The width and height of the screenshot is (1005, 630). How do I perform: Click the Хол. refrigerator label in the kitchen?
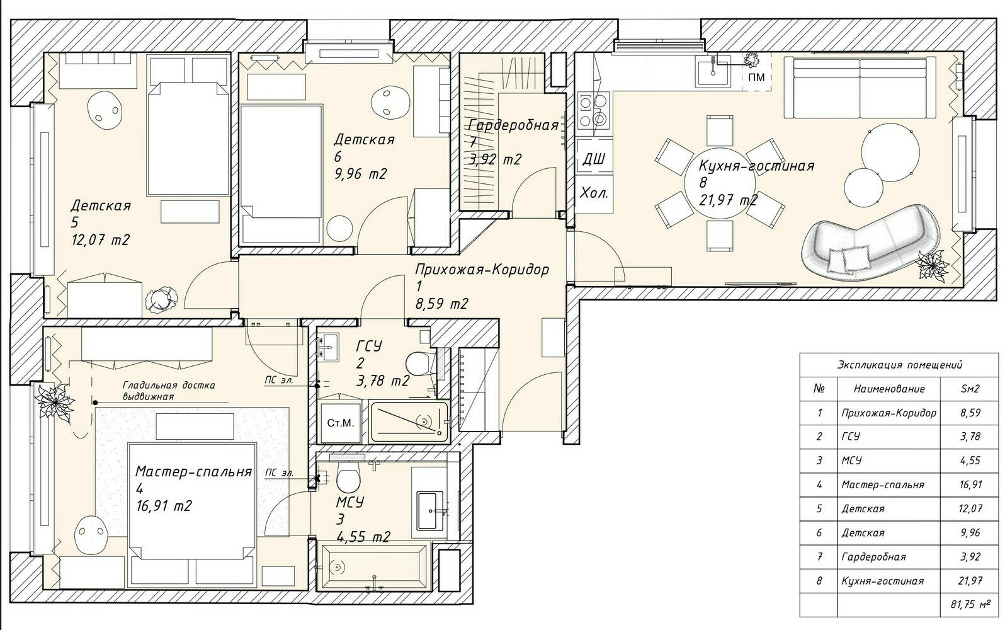[594, 193]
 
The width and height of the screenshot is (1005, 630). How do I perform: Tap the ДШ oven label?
[594, 159]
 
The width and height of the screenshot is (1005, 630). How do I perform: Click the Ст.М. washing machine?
[341, 423]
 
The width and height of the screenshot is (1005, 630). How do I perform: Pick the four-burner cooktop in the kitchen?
[593, 110]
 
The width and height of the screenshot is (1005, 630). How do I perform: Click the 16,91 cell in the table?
[970, 484]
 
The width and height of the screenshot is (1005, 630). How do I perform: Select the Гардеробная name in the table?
[873, 557]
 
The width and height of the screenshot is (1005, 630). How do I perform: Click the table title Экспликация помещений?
[900, 365]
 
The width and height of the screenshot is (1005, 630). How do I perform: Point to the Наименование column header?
[889, 389]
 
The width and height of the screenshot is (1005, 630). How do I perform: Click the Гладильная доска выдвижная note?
[169, 391]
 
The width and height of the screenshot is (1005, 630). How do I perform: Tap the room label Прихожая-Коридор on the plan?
[482, 270]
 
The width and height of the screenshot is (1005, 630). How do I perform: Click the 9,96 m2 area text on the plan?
[360, 174]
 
